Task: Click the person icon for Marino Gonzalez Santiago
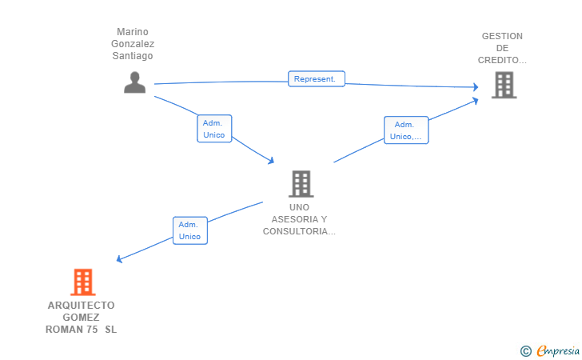coord(134,82)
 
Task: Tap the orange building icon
coord(83,282)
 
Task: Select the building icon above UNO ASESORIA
coord(301,184)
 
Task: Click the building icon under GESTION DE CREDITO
coord(504,85)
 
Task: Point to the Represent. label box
coord(317,78)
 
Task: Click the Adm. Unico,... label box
coord(406,130)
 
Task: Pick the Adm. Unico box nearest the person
coord(214,129)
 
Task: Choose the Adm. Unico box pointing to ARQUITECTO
coord(190,230)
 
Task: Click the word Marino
coord(133,31)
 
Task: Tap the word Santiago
coord(133,56)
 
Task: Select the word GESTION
coord(502,36)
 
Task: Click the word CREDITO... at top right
coord(502,60)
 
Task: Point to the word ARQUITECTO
coord(82,306)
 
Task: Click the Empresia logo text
coord(558,350)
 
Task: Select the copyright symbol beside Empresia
coord(526,351)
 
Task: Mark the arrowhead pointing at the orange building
coord(119,259)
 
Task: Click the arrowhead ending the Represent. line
coord(476,87)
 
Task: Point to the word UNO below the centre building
coord(299,207)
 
